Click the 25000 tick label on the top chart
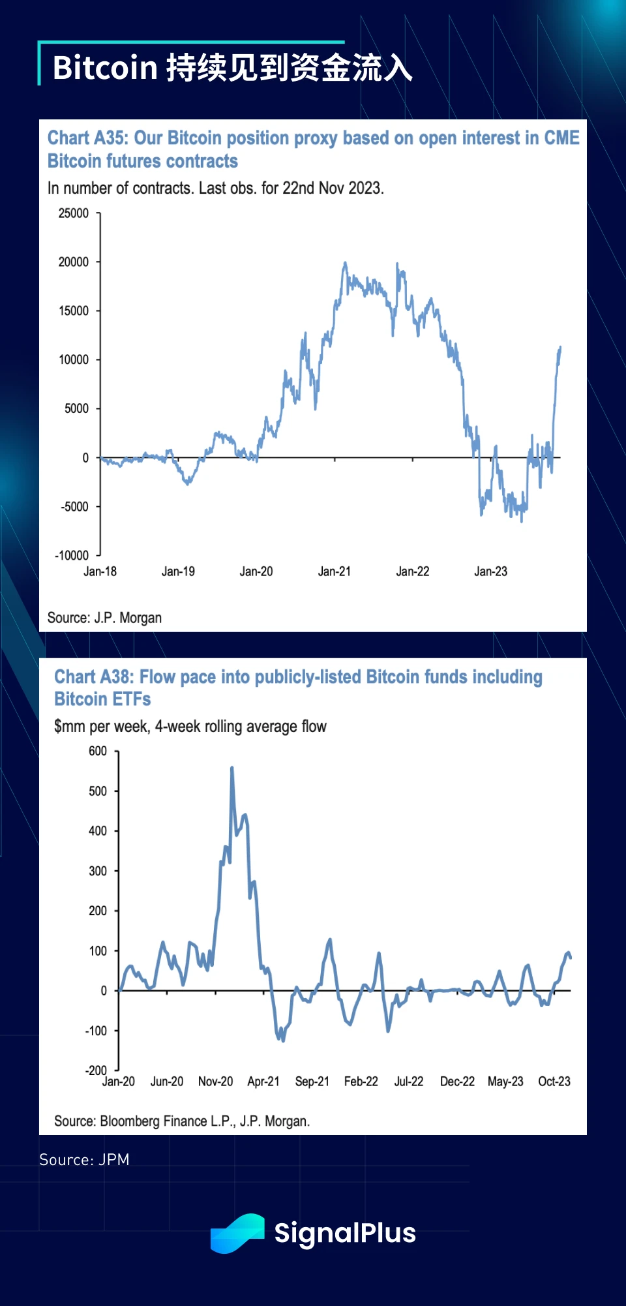[74, 213]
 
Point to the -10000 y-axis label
[72, 555]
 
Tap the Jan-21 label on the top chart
[335, 571]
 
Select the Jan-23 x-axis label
[490, 571]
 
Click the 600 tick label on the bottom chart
[98, 751]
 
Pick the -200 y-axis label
[96, 1071]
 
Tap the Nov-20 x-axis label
[215, 1082]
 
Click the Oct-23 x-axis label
[554, 1082]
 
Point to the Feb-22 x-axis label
[361, 1082]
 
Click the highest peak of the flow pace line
[232, 768]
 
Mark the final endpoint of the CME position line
[560, 348]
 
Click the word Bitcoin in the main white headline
[105, 68]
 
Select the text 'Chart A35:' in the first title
[88, 138]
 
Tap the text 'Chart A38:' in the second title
[95, 677]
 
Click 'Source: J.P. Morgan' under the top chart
[104, 618]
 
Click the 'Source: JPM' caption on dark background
[84, 1160]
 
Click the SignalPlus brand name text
[345, 1233]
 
